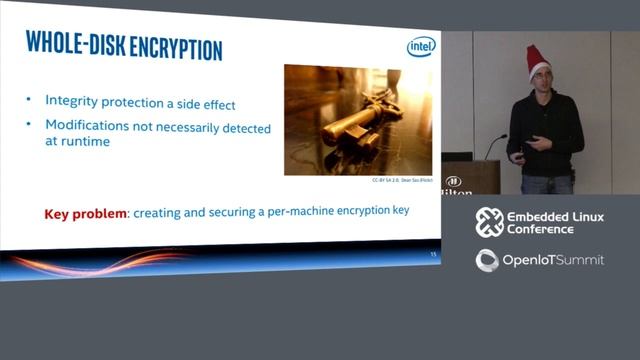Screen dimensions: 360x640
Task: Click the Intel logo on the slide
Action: click(420, 48)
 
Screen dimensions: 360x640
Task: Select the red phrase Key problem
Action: click(84, 213)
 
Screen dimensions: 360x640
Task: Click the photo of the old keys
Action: click(358, 119)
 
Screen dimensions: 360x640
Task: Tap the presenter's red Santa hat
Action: click(539, 60)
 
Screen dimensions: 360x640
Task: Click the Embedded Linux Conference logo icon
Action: click(489, 222)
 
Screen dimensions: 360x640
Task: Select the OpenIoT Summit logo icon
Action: click(488, 261)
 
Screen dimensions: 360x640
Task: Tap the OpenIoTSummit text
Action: click(553, 261)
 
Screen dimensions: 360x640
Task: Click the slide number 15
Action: click(432, 255)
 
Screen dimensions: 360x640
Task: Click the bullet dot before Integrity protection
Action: click(30, 100)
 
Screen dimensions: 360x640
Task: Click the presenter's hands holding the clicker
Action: click(530, 145)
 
